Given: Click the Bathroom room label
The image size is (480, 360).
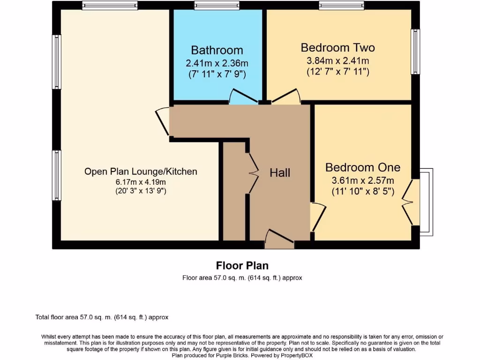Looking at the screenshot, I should coord(217,50).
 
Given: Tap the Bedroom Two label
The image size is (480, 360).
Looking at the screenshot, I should coord(337,47).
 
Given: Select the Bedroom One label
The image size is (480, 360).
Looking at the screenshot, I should coord(363,167).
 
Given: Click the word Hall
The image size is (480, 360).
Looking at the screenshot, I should coord(280,172).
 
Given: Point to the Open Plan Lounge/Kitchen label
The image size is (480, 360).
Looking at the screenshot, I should coord(141,171).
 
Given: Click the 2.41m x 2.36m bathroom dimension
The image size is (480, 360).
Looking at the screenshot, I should coord(217,63).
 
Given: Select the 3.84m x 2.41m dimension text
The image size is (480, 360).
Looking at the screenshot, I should coord(337,60).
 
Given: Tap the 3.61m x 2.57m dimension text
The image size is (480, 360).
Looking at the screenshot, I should coord(363,180).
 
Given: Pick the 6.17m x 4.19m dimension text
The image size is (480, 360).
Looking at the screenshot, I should coord(141,182).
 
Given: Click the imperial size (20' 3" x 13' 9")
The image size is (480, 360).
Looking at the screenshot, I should coord(141,191).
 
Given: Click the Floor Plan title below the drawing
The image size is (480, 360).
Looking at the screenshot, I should coord(242,266).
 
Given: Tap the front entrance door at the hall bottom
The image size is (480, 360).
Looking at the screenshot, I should coord(279,239).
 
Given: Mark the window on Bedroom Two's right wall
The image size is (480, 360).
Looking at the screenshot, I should coord(415,52).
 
